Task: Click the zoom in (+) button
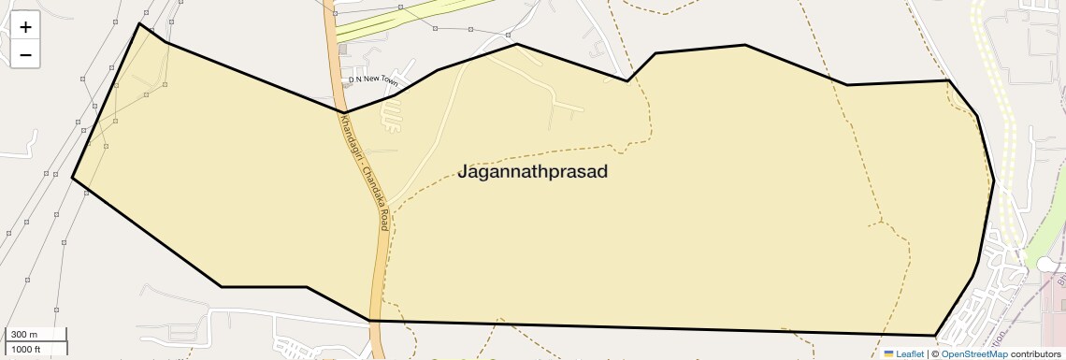point(25,27)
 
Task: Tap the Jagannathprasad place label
point(533,172)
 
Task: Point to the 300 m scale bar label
point(24,335)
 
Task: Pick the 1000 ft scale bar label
point(26,349)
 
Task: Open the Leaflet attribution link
point(910,353)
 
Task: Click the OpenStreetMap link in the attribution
point(974,353)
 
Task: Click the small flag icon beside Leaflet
point(888,353)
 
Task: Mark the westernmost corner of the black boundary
point(72,177)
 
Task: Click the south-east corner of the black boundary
point(935,335)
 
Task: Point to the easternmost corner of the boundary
point(993,179)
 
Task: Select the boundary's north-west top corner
point(139,23)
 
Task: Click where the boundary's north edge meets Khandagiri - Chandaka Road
point(341,112)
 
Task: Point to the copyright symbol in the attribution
point(935,353)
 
